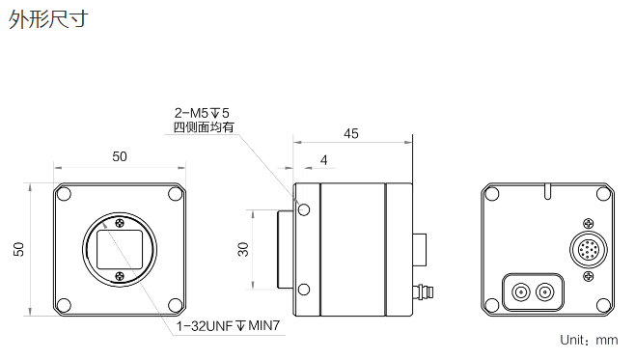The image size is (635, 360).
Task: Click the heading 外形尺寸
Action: tap(48, 19)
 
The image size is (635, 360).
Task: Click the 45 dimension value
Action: tap(351, 133)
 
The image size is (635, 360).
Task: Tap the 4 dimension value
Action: tap(323, 160)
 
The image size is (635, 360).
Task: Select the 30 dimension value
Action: tap(243, 249)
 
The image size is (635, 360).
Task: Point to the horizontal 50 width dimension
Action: tap(120, 156)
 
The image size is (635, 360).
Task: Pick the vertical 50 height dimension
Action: tap(18, 249)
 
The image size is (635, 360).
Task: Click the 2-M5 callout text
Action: tap(202, 113)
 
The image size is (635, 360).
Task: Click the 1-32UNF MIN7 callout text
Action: tap(228, 325)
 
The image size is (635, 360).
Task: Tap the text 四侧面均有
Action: tap(204, 127)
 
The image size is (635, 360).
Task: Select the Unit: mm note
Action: tap(589, 340)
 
